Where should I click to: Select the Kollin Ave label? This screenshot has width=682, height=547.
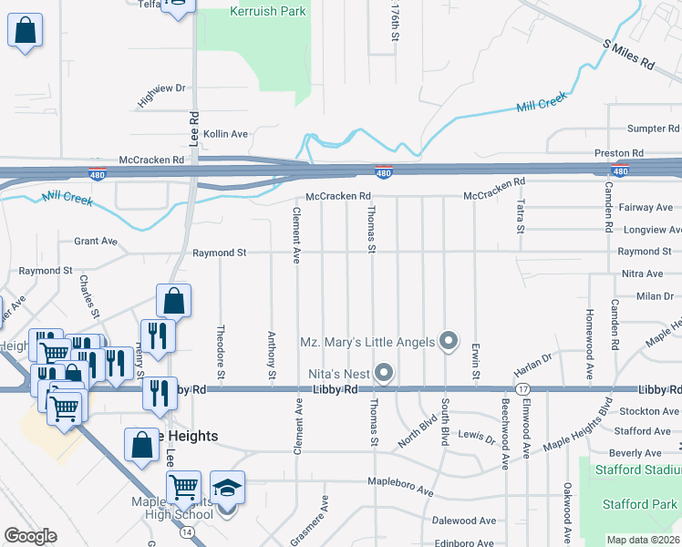[x=225, y=134]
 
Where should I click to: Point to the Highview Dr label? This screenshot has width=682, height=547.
[x=161, y=95]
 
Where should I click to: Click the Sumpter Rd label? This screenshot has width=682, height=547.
[x=654, y=129]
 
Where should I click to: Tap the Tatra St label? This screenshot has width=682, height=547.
[x=521, y=216]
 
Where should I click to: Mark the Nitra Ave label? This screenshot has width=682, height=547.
[x=642, y=273]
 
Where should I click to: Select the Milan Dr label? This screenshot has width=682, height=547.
[x=655, y=296]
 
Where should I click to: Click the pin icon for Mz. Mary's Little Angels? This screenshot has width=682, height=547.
[x=448, y=342]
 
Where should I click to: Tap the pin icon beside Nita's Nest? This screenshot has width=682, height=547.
[x=384, y=374]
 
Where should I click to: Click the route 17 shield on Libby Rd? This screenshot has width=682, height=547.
[x=523, y=389]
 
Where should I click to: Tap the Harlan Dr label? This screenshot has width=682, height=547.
[x=532, y=363]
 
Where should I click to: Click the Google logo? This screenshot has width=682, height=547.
[x=30, y=536]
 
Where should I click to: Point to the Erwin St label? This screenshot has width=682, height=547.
[x=476, y=361]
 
